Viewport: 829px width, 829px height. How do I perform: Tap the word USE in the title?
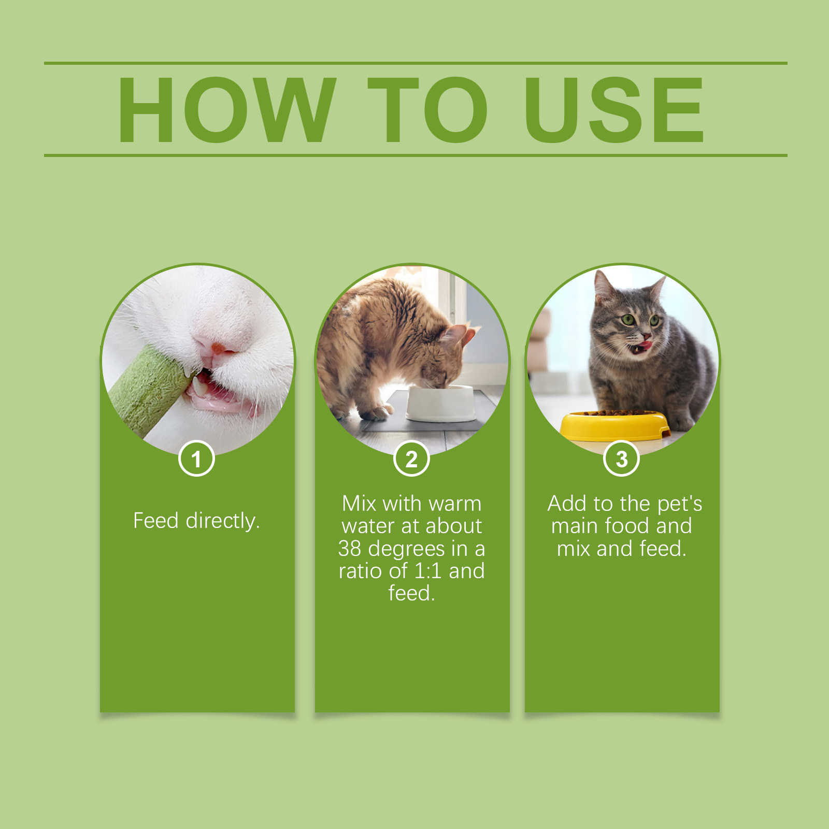pyautogui.click(x=614, y=109)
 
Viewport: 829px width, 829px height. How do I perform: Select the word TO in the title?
pyautogui.click(x=428, y=109)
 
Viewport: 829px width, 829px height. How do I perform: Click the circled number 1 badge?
pyautogui.click(x=196, y=459)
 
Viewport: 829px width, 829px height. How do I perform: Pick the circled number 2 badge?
pyautogui.click(x=411, y=459)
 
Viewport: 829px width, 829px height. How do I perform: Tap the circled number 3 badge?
pyautogui.click(x=622, y=459)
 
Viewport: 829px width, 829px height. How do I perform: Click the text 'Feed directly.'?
pyautogui.click(x=196, y=521)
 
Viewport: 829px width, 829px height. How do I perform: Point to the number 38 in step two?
pyautogui.click(x=350, y=549)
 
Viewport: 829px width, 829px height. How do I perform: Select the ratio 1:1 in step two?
pyautogui.click(x=428, y=571)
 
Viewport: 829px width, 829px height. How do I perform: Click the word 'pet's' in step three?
pyautogui.click(x=680, y=504)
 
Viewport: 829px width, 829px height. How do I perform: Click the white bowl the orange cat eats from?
pyautogui.click(x=440, y=403)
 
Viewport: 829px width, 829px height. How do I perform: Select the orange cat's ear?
pyautogui.click(x=468, y=335)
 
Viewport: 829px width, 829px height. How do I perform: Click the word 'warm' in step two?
pyautogui.click(x=455, y=504)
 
